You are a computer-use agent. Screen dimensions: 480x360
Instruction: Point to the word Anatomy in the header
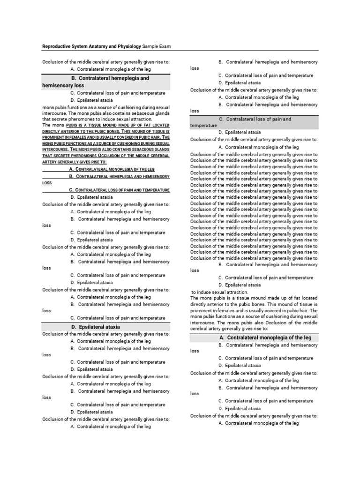click(x=100, y=46)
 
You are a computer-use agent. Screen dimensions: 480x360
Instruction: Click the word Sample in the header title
click(x=154, y=46)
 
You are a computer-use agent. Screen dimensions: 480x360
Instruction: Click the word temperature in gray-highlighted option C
click(x=204, y=126)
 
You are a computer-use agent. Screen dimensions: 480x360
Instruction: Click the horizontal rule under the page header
click(x=180, y=51)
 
